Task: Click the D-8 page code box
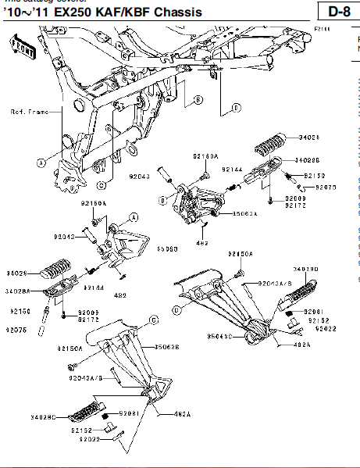(338, 12)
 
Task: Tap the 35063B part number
(167, 346)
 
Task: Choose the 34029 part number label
(16, 273)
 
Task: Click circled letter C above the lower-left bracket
(154, 320)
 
